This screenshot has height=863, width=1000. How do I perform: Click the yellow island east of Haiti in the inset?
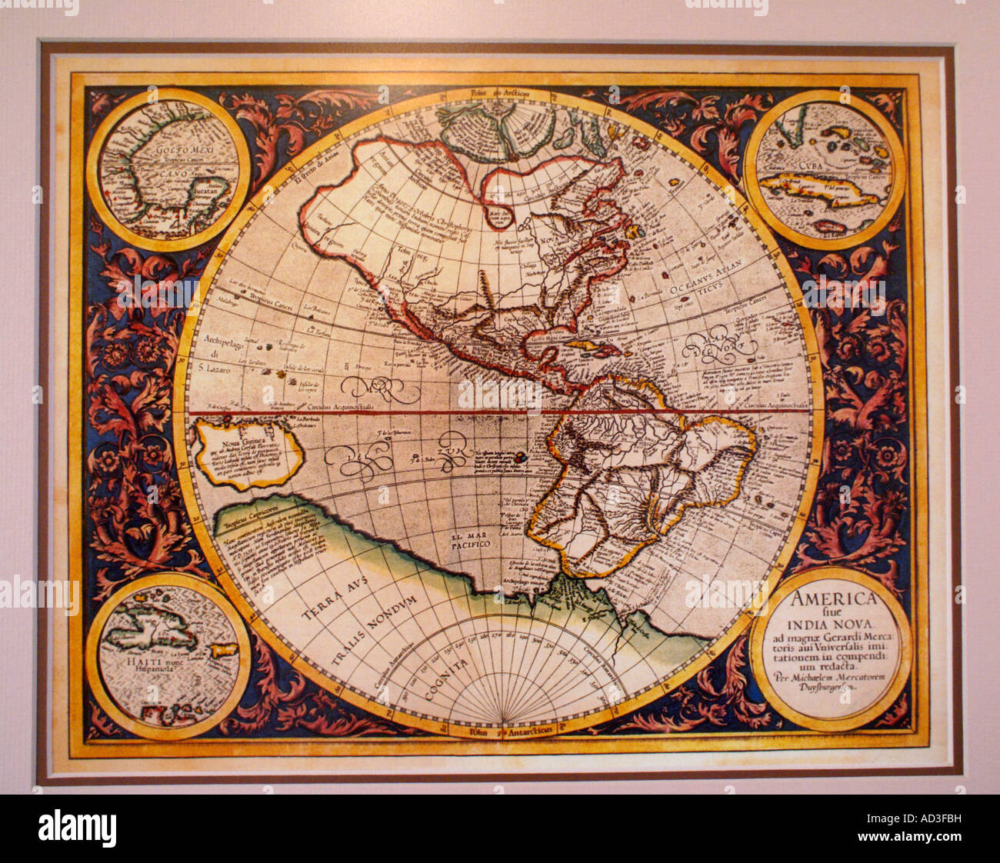pos(224,650)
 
